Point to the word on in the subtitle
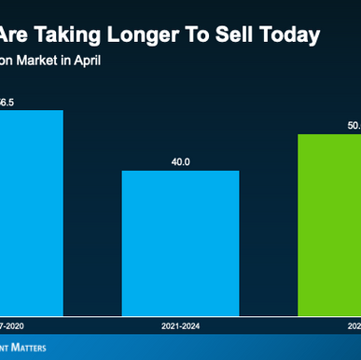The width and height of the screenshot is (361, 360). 9,62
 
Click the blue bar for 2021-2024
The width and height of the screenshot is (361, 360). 180,242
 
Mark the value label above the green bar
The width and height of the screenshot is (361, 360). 353,124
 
